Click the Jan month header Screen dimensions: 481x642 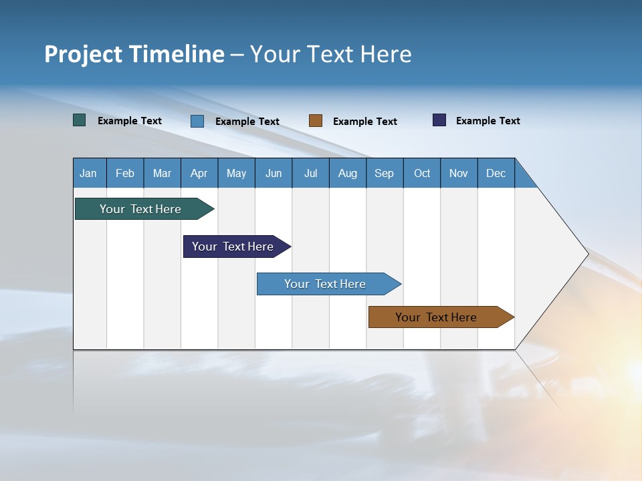click(x=89, y=173)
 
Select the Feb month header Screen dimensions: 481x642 click(x=125, y=173)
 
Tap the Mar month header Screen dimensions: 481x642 click(x=162, y=173)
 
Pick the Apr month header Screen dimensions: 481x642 click(x=199, y=173)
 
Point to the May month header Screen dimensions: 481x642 click(x=236, y=173)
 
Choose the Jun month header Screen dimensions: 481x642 click(x=274, y=173)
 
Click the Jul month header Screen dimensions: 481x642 click(x=310, y=173)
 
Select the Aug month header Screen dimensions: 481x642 click(x=348, y=173)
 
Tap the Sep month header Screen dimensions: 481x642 click(x=385, y=173)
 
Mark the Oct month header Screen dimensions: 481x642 click(x=422, y=173)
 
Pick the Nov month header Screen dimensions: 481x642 click(x=459, y=173)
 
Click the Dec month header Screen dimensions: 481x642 click(x=496, y=173)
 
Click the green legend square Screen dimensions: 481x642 click(x=80, y=120)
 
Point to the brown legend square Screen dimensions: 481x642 click(x=316, y=121)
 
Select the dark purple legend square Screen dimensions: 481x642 click(x=439, y=120)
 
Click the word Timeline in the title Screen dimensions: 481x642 click(x=177, y=54)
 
